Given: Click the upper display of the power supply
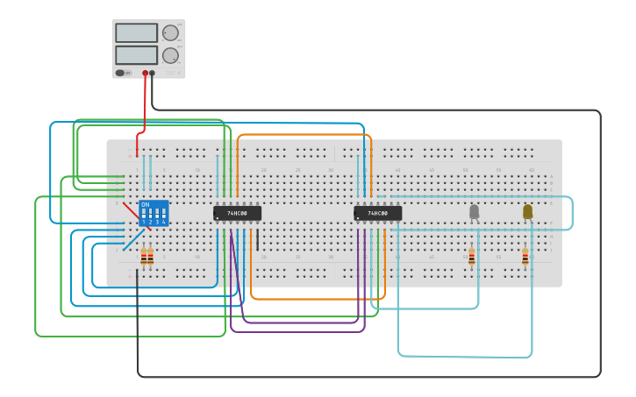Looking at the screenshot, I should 136,32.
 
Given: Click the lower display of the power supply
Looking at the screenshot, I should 136,54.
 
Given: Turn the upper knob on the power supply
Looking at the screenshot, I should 170,32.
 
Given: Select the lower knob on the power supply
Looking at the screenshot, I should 170,55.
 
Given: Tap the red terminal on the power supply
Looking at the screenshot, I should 146,74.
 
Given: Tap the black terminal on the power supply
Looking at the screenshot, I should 153,74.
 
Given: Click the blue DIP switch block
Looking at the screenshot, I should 154,213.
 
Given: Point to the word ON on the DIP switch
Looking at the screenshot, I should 145,204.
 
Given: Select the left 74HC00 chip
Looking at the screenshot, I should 237,213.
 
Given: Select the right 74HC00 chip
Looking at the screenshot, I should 377,213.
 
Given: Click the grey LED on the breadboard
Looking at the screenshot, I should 475,211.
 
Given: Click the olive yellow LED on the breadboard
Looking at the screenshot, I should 527,211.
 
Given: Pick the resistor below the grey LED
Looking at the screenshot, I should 471,256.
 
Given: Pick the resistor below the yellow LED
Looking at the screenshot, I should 525,256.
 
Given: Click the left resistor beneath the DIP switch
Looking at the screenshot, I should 144,256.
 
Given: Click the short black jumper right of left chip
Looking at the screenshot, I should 257,240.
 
